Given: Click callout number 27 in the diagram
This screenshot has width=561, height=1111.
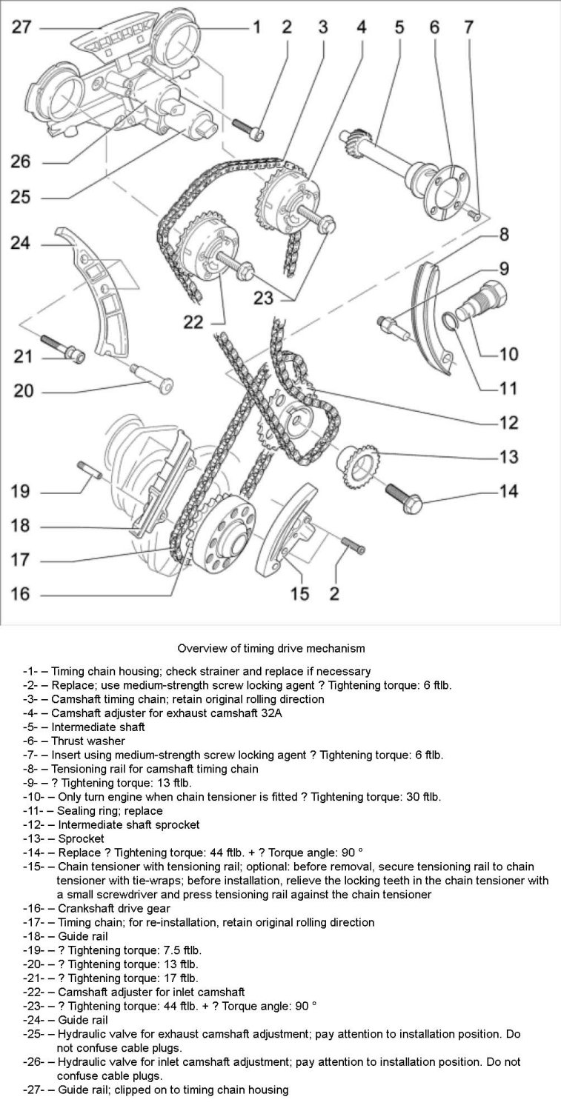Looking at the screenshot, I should click(21, 28).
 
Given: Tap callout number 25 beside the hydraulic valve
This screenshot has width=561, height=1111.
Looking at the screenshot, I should click(21, 198).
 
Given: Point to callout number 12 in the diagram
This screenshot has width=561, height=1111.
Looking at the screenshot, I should click(508, 424).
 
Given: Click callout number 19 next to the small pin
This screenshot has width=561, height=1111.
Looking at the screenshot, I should click(21, 491).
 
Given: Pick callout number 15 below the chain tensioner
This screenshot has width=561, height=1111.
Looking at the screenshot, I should click(299, 594).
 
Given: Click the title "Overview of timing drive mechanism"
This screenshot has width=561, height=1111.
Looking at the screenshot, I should click(271, 649).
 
